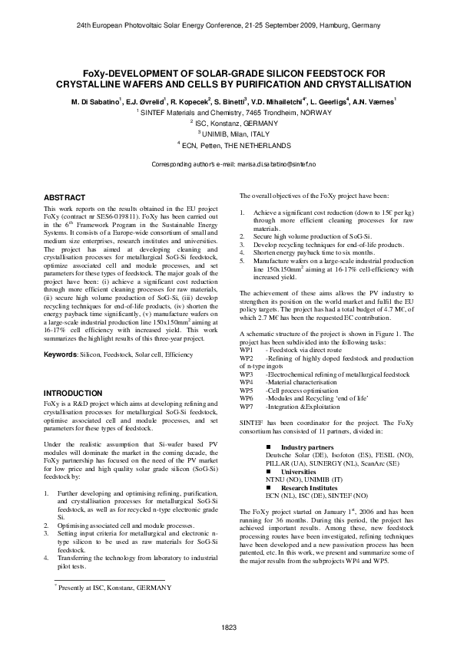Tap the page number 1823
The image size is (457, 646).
coord(228,628)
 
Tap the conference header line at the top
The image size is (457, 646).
coord(228,25)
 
